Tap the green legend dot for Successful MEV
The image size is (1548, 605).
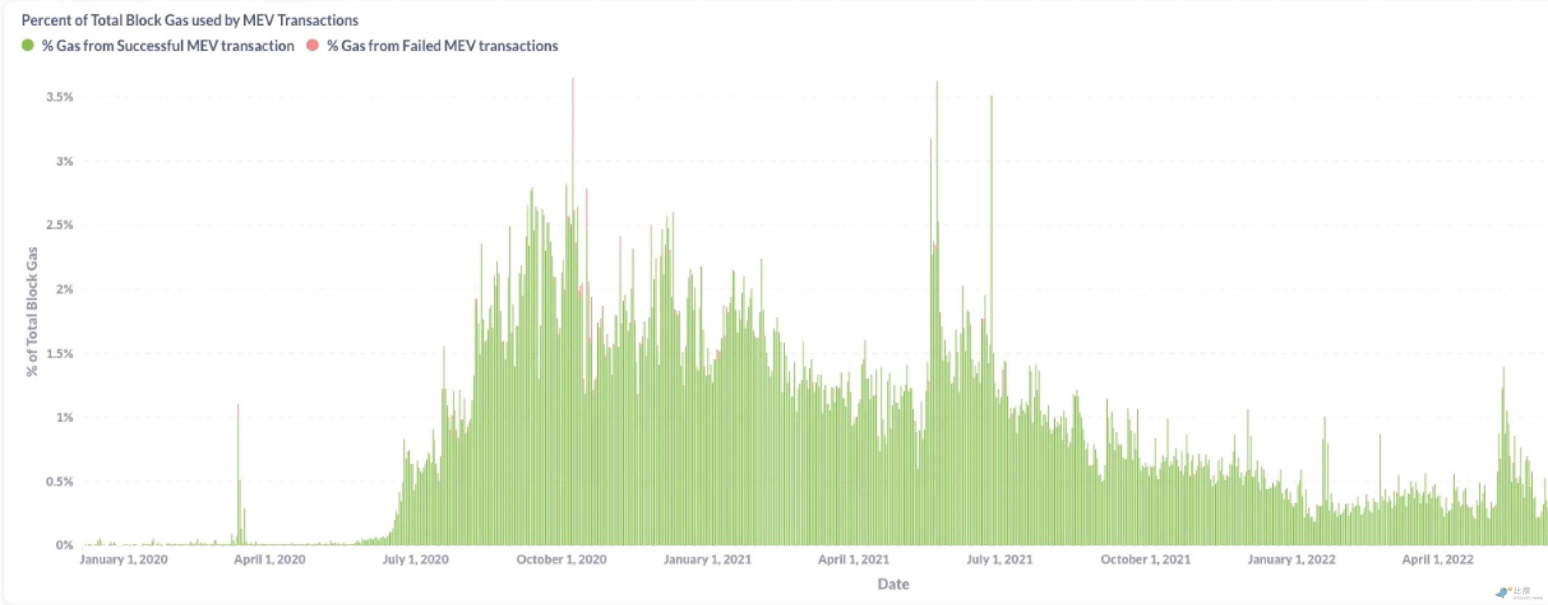click(28, 46)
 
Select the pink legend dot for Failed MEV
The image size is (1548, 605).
click(313, 46)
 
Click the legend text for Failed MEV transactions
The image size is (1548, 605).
click(442, 46)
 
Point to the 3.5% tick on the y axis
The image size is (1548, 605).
click(60, 97)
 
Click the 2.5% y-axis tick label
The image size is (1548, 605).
click(60, 225)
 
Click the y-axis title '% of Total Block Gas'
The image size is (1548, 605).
click(32, 312)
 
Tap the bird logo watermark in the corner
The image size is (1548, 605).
click(1502, 592)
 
